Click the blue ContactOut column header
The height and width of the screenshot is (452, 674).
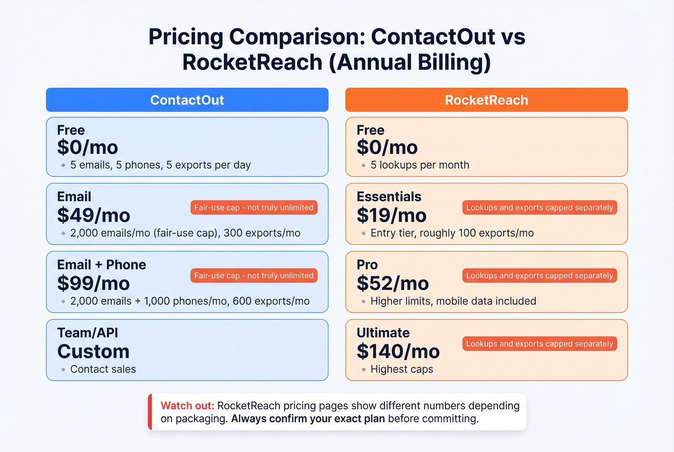pyautogui.click(x=187, y=100)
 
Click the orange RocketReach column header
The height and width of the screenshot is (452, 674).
pyautogui.click(x=486, y=100)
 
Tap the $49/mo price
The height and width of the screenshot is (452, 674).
pyautogui.click(x=93, y=215)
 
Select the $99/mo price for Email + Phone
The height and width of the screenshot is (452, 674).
pyautogui.click(x=93, y=284)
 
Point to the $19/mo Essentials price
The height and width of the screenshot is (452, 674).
pyautogui.click(x=391, y=215)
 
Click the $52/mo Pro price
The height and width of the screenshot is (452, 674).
pyautogui.click(x=392, y=284)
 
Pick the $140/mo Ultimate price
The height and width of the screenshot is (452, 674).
pyautogui.click(x=398, y=351)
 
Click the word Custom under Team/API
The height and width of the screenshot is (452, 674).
pyautogui.click(x=93, y=351)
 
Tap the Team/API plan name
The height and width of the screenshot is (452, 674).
pyautogui.click(x=87, y=333)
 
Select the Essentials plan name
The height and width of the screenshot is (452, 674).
pyautogui.click(x=389, y=196)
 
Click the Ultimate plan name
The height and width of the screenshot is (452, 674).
pyautogui.click(x=383, y=333)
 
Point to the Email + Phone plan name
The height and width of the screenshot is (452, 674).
pyautogui.click(x=101, y=265)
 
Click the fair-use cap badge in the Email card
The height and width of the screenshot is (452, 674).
pyautogui.click(x=254, y=207)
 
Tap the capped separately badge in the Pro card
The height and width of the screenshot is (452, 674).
pyautogui.click(x=539, y=276)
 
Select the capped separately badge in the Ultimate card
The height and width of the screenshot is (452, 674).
pyautogui.click(x=539, y=344)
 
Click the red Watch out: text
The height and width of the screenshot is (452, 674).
pyautogui.click(x=187, y=406)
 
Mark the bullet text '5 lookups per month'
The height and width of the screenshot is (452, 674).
pyautogui.click(x=419, y=165)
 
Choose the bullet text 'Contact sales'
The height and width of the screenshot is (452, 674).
pyautogui.click(x=103, y=369)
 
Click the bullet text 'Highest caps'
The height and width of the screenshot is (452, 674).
pyautogui.click(x=402, y=369)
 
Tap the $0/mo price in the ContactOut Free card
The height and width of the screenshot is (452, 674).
pyautogui.click(x=87, y=147)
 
